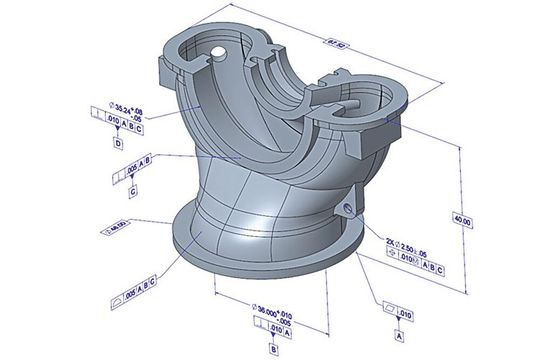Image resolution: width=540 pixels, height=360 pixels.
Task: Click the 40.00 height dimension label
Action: coord(460,222)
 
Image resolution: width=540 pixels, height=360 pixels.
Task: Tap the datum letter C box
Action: coord(133,189)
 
